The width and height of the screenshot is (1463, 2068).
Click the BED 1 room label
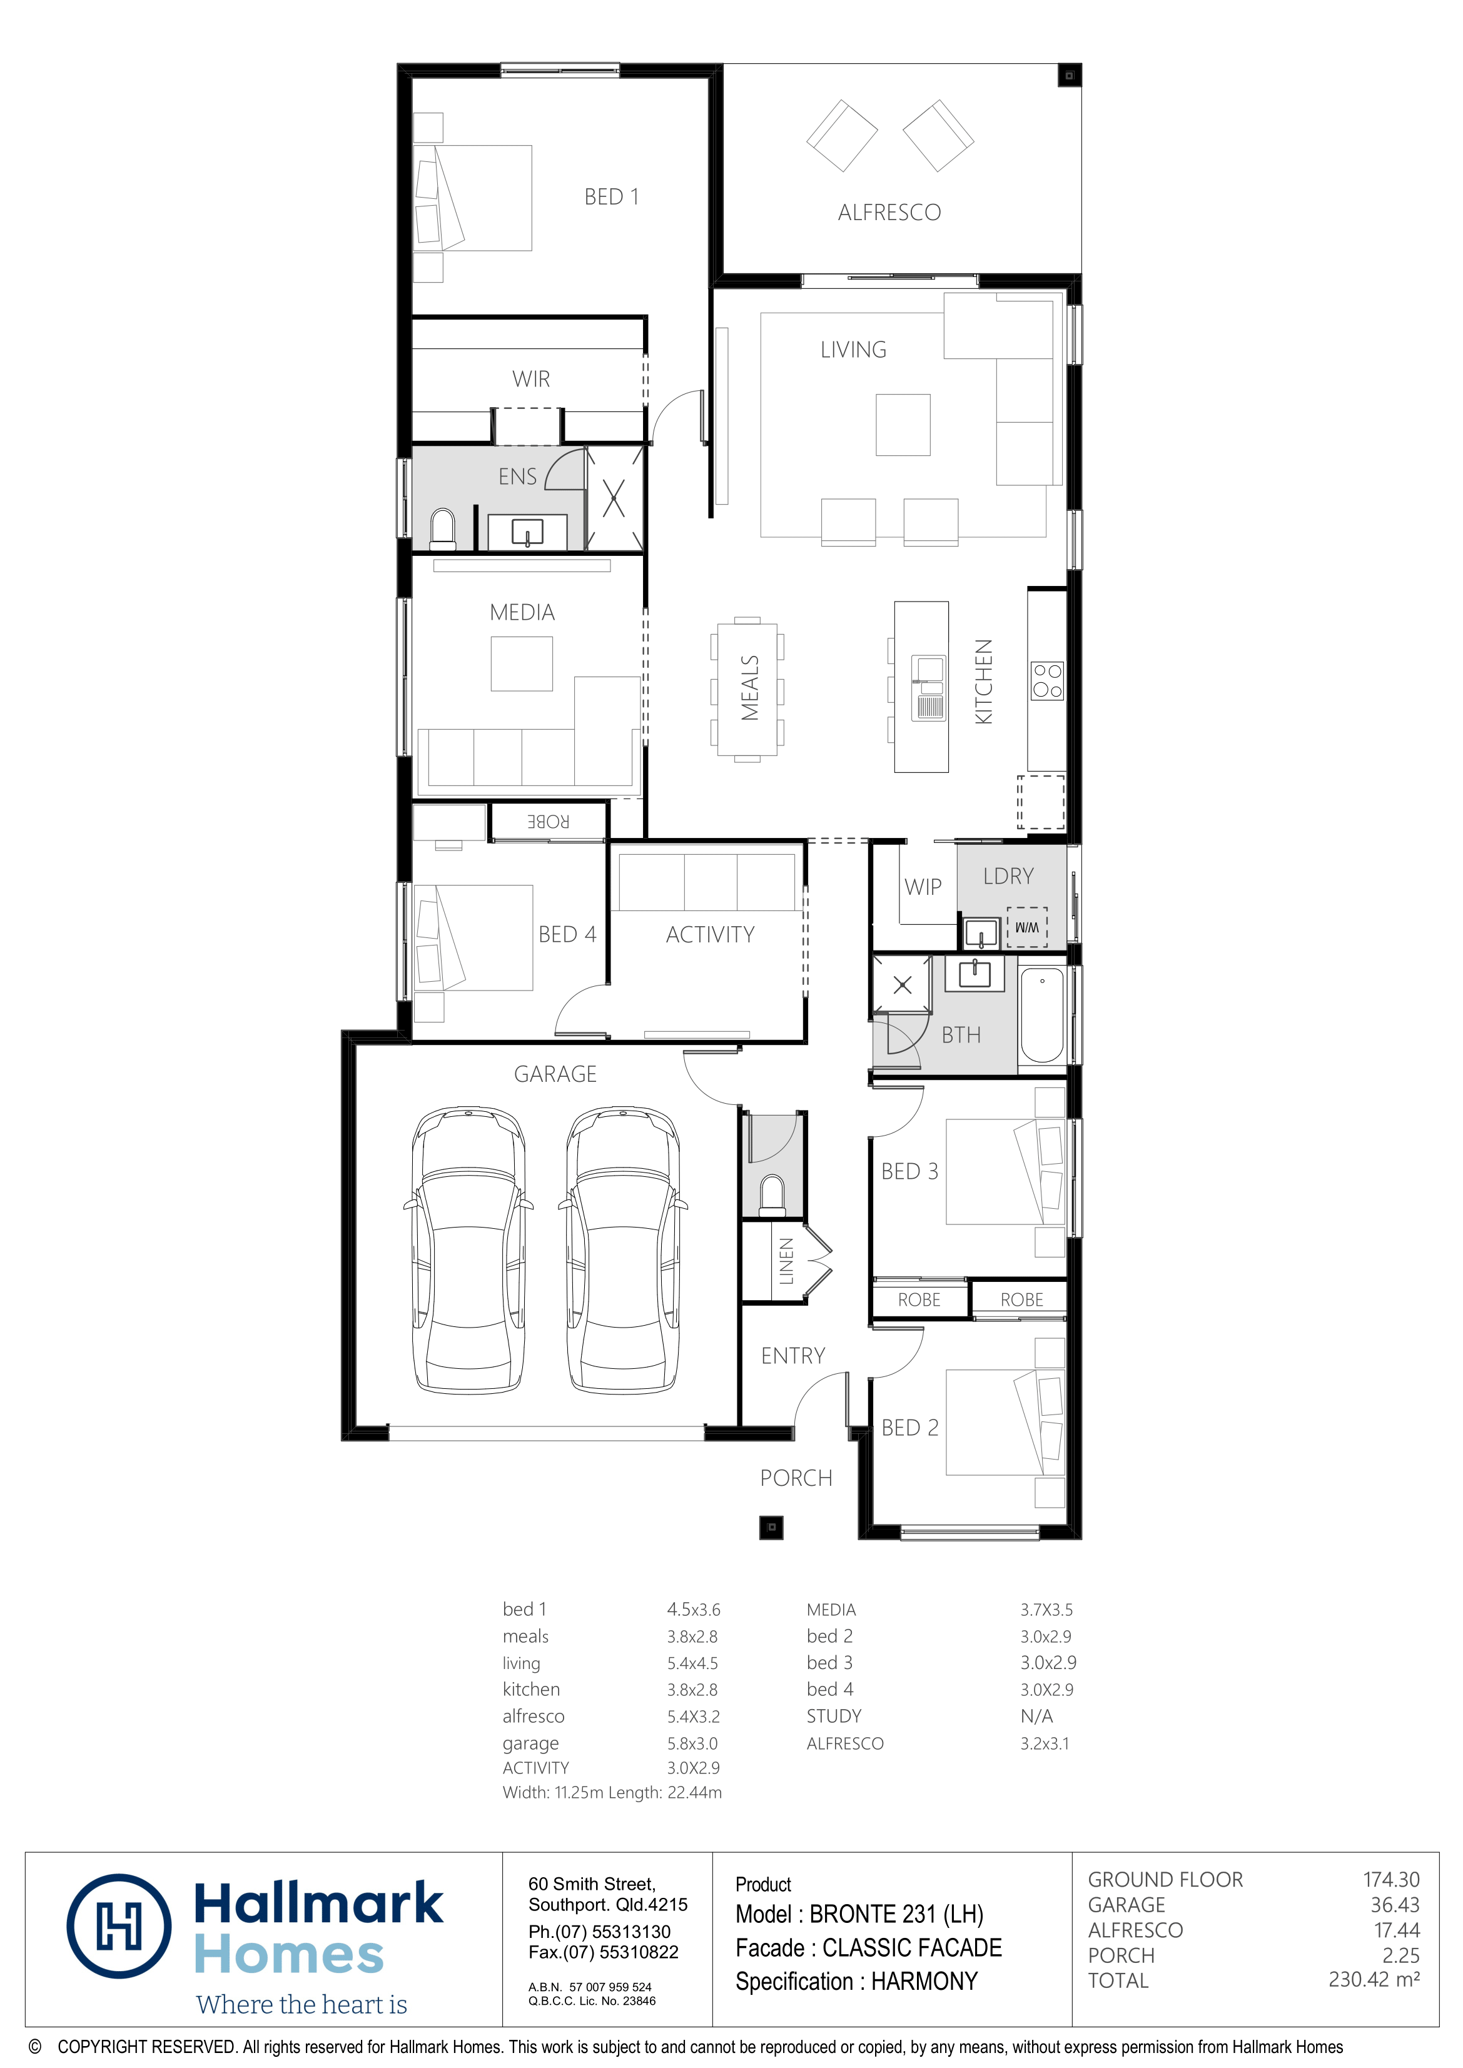611,196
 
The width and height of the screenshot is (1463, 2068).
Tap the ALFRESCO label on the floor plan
889,213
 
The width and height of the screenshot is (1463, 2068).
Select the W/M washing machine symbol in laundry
1027,927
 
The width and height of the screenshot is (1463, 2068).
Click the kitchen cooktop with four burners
1047,681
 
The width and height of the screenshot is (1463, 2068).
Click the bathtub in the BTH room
1041,1015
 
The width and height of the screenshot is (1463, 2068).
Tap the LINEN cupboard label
786,1261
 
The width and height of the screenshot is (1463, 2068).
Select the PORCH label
796,1478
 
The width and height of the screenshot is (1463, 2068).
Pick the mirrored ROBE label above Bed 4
548,822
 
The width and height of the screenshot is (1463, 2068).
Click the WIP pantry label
923,887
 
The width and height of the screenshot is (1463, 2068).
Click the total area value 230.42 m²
1373,1980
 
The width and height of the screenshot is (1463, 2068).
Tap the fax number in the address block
603,1952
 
